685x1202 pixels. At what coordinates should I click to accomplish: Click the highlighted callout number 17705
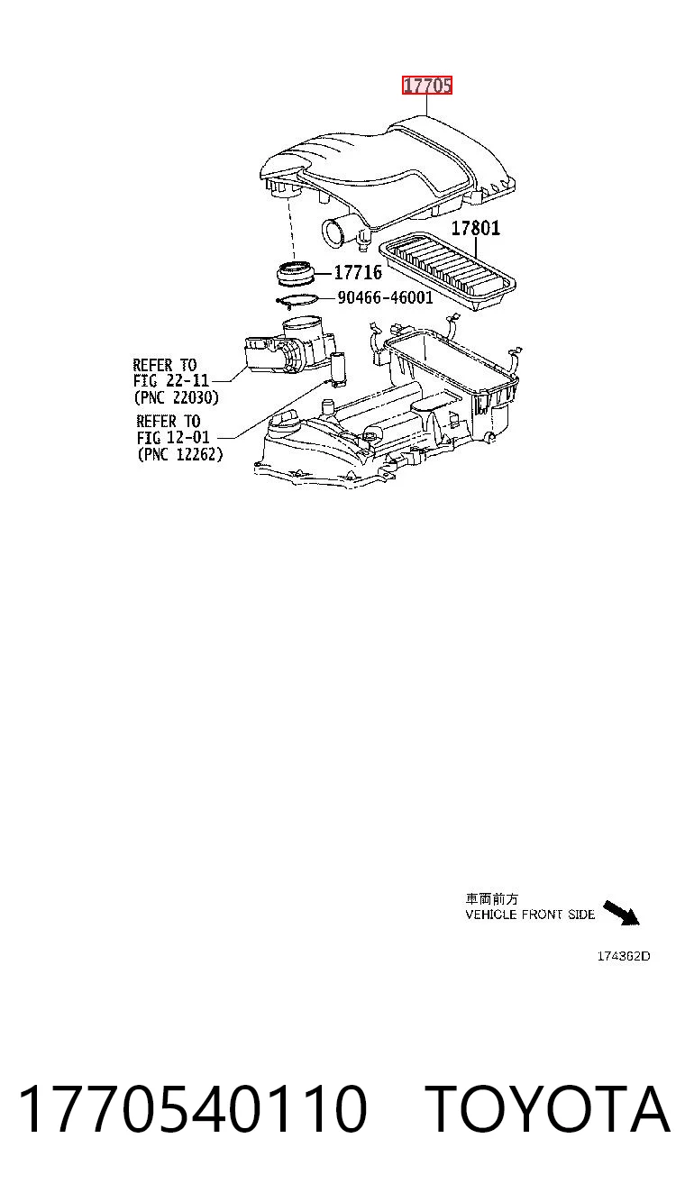point(427,86)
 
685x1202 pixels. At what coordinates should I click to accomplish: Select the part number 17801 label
point(475,229)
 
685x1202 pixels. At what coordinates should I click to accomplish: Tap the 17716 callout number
point(358,273)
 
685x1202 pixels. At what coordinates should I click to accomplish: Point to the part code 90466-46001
point(385,297)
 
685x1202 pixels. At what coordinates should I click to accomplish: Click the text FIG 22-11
point(170,381)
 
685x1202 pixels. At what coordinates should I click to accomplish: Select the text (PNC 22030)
point(177,397)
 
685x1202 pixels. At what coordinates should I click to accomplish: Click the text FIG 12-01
point(173,437)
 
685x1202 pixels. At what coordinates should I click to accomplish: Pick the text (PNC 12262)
point(180,454)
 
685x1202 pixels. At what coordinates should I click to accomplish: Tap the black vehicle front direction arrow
point(621,913)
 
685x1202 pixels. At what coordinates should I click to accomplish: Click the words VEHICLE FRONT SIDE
point(530,915)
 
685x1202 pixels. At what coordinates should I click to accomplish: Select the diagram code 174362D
point(624,956)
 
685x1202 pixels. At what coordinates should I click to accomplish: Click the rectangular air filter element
point(448,271)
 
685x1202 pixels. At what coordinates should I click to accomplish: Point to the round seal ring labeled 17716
point(295,273)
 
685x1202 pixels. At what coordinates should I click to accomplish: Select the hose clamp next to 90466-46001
point(297,301)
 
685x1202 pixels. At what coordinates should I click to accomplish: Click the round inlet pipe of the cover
point(336,232)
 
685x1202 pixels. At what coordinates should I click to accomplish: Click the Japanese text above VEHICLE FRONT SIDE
point(491,899)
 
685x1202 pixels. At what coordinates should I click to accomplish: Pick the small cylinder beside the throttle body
point(339,369)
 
